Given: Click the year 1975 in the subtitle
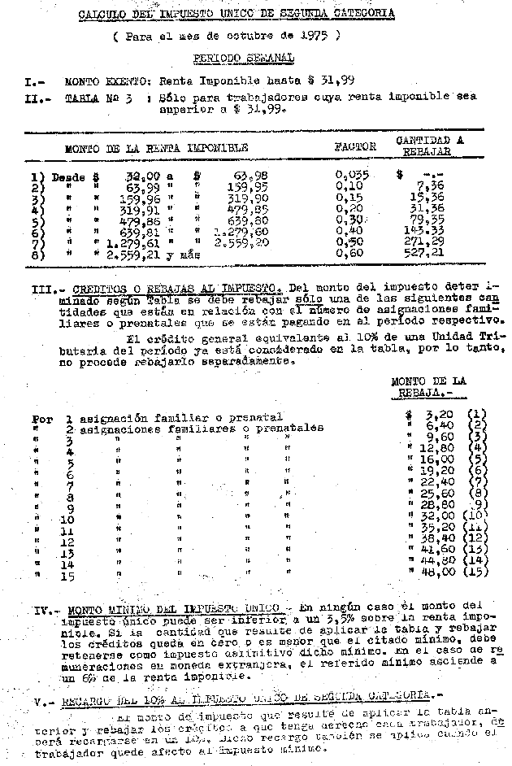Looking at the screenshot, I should pyautogui.click(x=313, y=37).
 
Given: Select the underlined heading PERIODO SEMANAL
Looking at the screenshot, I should pyautogui.click(x=243, y=59).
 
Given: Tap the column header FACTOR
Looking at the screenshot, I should pyautogui.click(x=355, y=147).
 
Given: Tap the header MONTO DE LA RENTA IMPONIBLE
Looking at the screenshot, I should pyautogui.click(x=156, y=148).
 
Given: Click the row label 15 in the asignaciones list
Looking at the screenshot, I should pyautogui.click(x=67, y=577).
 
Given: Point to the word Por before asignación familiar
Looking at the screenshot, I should pyautogui.click(x=42, y=419).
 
